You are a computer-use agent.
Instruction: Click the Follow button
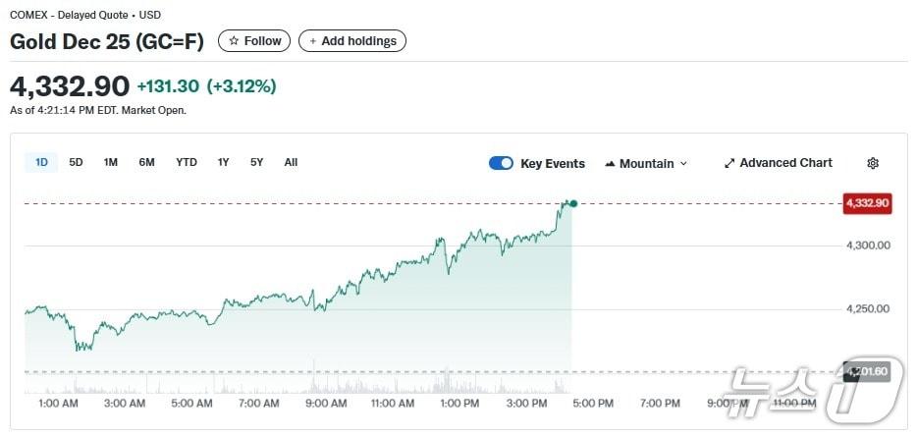[254, 41]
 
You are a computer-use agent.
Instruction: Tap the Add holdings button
[351, 41]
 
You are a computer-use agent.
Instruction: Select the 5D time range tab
[76, 162]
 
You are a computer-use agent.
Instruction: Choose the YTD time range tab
[187, 162]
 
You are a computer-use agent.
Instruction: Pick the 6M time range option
[146, 162]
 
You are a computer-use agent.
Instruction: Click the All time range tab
[291, 162]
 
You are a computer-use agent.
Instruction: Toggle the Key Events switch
[501, 164]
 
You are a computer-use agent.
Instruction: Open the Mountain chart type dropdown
[646, 164]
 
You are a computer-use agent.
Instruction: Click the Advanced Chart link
[778, 163]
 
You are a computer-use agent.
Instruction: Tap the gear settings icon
[873, 164]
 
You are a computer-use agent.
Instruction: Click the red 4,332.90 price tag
[866, 203]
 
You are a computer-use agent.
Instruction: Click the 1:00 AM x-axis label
[58, 404]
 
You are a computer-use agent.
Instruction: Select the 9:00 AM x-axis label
[325, 404]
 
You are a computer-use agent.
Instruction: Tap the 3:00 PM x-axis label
[526, 404]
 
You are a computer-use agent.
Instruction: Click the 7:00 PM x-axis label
[660, 404]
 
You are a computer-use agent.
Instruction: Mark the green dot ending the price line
[573, 204]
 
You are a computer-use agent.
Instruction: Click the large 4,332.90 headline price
[70, 85]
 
